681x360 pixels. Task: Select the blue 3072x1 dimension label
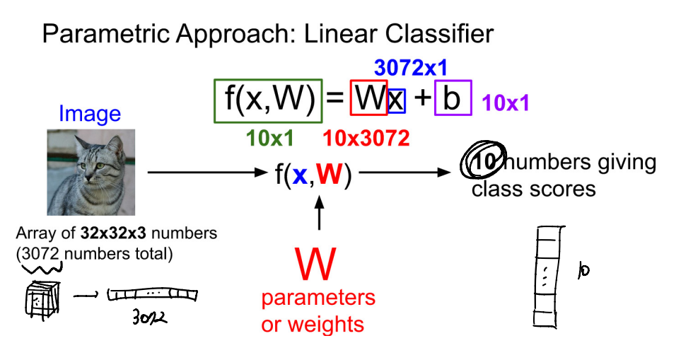coord(411,68)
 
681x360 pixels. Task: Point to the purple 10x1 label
coord(506,104)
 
